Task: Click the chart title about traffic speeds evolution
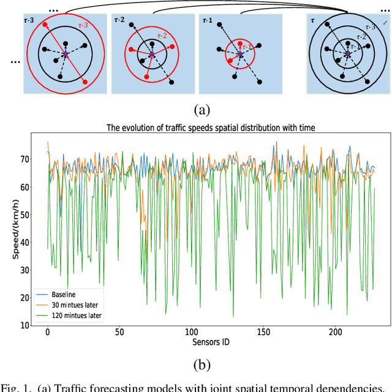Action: (210, 128)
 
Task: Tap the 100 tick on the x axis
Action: (192, 332)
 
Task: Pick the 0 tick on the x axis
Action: (47, 332)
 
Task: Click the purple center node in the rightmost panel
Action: (347, 55)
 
